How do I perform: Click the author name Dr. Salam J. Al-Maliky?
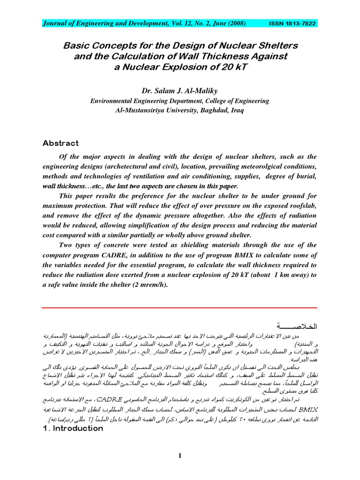click(x=180, y=90)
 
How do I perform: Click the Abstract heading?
click(x=61, y=143)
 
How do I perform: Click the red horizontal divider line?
click(x=180, y=307)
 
